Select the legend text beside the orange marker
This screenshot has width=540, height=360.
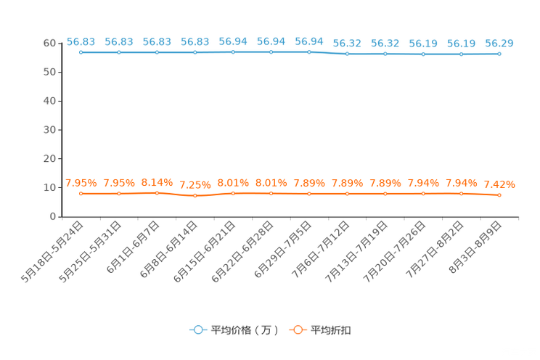[x=332, y=330]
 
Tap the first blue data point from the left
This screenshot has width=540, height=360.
[x=81, y=52]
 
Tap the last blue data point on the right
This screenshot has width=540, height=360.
[x=499, y=53]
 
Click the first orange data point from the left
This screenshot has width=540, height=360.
[x=81, y=194]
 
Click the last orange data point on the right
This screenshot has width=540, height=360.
[x=499, y=195]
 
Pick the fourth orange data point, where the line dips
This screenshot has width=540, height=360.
[x=195, y=196]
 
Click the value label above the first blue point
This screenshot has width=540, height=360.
[x=81, y=41]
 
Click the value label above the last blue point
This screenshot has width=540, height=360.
[x=499, y=43]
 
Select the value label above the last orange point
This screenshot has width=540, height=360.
[x=499, y=184]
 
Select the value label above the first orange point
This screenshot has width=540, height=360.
[x=81, y=182]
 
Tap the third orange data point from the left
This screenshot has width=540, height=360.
[x=157, y=193]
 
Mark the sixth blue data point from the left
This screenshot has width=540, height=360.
[x=271, y=52]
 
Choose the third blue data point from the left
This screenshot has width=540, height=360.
[x=157, y=52]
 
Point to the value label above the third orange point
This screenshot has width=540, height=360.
[x=157, y=181]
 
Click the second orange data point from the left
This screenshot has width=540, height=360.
[x=118, y=194]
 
